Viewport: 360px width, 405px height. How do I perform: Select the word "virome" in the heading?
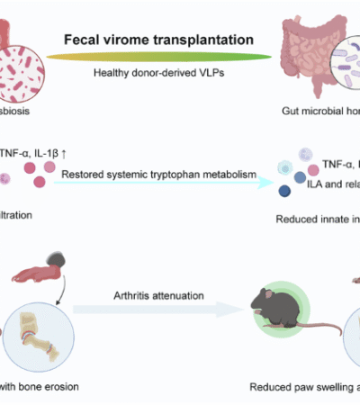[x=134, y=41]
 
